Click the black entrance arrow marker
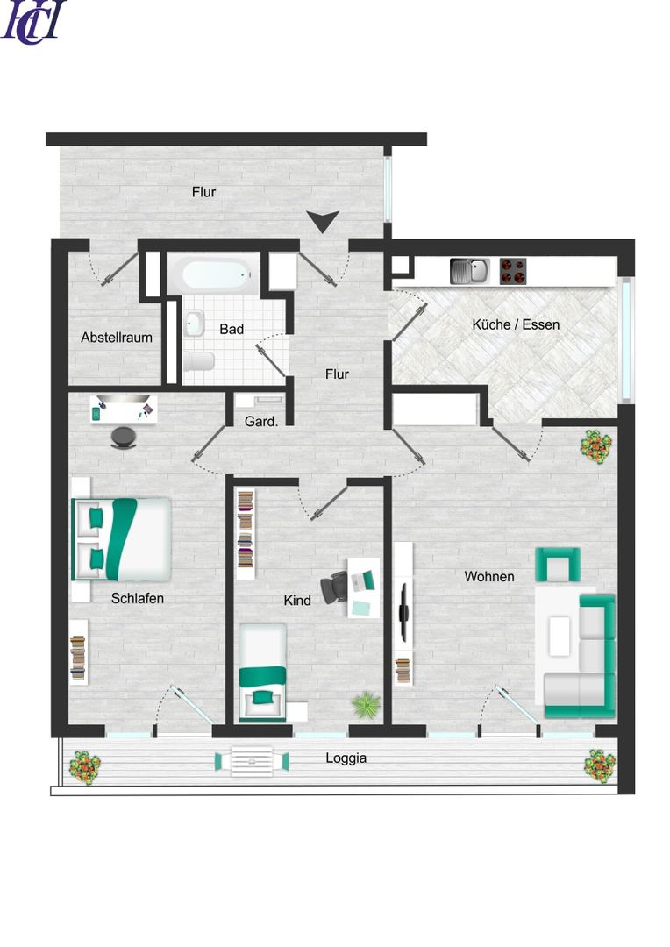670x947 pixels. point(324,221)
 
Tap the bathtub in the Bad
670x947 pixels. point(216,274)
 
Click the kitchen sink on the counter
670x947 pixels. point(469,271)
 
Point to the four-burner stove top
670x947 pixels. point(513,271)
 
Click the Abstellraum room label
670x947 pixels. point(117,338)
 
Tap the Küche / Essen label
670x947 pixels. point(516,324)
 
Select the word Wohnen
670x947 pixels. point(489,577)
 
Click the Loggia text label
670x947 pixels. point(346,758)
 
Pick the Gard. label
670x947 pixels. point(261,422)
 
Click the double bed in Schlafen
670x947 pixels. point(121,538)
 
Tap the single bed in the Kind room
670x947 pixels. point(263,672)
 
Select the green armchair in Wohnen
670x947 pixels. point(559,565)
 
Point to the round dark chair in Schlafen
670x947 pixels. point(125,438)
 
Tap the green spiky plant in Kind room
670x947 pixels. point(366,704)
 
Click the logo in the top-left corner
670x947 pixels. point(33,22)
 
